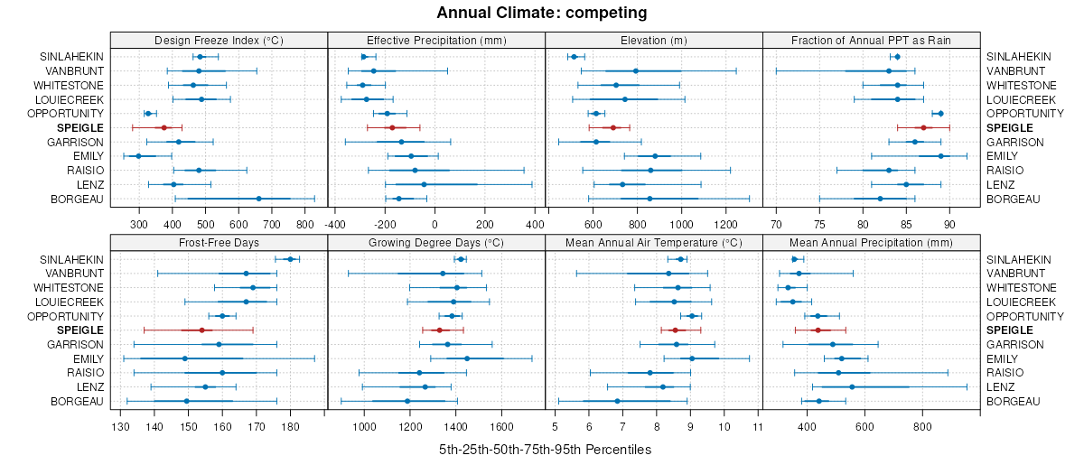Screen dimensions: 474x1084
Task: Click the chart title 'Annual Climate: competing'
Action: tap(541, 13)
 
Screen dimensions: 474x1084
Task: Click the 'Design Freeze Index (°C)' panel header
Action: tap(219, 40)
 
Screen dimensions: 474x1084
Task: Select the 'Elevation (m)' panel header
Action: tap(654, 40)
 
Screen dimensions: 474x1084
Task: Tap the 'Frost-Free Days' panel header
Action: tap(219, 242)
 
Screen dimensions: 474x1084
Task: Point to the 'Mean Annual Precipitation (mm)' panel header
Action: tap(871, 242)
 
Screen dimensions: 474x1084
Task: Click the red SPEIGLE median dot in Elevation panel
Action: tap(612, 128)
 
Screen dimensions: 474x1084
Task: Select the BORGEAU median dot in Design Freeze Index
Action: tap(258, 200)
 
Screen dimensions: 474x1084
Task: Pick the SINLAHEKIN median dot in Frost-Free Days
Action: tap(290, 259)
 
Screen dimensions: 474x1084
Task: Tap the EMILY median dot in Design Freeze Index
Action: tap(138, 156)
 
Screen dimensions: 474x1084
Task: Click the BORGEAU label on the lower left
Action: tap(77, 402)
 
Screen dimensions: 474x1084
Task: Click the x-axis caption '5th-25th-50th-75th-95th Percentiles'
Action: tap(545, 450)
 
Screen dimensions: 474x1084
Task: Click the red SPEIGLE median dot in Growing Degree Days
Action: tap(439, 330)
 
